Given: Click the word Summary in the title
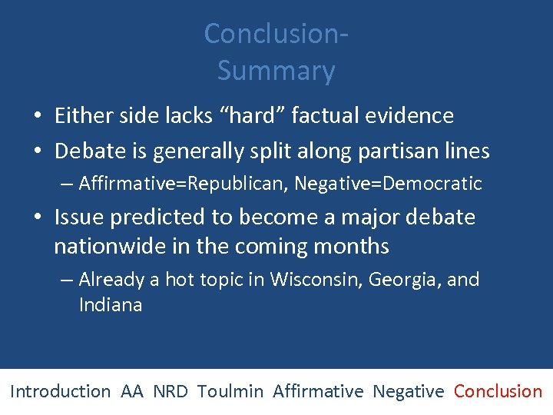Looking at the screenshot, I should tap(276, 71).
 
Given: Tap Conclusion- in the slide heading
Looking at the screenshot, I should tap(276, 34).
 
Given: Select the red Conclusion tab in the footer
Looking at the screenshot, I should tap(498, 391).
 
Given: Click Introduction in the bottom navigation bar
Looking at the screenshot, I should tap(60, 391).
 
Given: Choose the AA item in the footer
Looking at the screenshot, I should tap(131, 391).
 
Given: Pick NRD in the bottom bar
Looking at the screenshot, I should tap(170, 391).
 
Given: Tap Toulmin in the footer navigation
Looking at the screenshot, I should tap(230, 391).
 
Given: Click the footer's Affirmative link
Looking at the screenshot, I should tap(318, 391).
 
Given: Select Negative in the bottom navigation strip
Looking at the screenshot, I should tap(408, 391).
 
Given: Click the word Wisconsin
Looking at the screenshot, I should tap(315, 279).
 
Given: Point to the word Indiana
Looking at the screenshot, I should tap(111, 305).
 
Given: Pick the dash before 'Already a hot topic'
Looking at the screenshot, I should tap(67, 280).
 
